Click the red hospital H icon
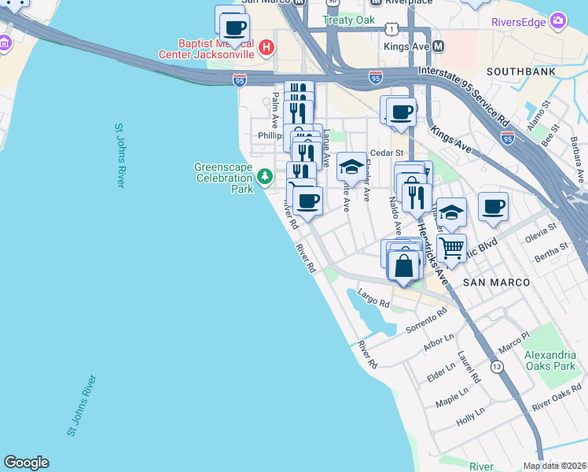tap(266, 47)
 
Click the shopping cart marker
tap(452, 248)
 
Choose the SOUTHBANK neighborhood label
tap(521, 72)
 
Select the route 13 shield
tap(497, 367)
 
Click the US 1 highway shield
tap(391, 28)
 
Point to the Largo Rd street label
tap(373, 298)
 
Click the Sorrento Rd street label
tap(425, 320)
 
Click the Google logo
tap(26, 463)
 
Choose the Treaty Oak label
tap(349, 20)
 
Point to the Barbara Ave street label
tap(575, 155)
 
